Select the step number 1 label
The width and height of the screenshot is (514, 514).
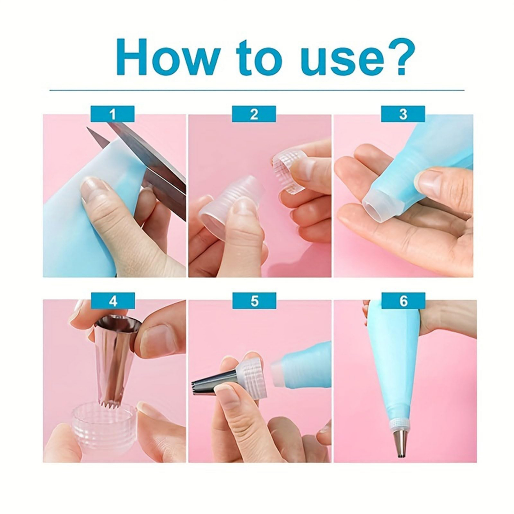click(112, 114)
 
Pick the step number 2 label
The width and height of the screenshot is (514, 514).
click(254, 114)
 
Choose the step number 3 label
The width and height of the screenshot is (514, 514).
click(403, 114)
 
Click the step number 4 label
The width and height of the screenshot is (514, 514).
click(113, 301)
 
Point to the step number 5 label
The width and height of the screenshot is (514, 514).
click(254, 301)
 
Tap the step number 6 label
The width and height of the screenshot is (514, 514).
click(404, 301)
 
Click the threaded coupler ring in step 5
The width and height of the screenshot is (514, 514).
click(252, 377)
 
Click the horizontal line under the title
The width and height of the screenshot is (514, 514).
click(257, 90)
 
